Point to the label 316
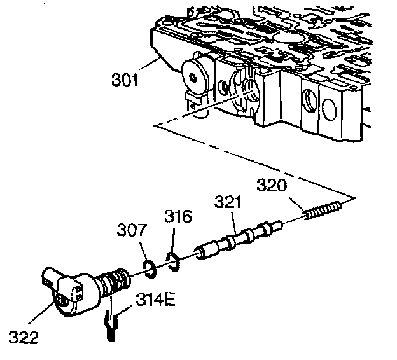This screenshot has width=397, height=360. [178, 218]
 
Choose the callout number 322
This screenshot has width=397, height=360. [24, 335]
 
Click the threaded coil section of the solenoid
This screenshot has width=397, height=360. [118, 279]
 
